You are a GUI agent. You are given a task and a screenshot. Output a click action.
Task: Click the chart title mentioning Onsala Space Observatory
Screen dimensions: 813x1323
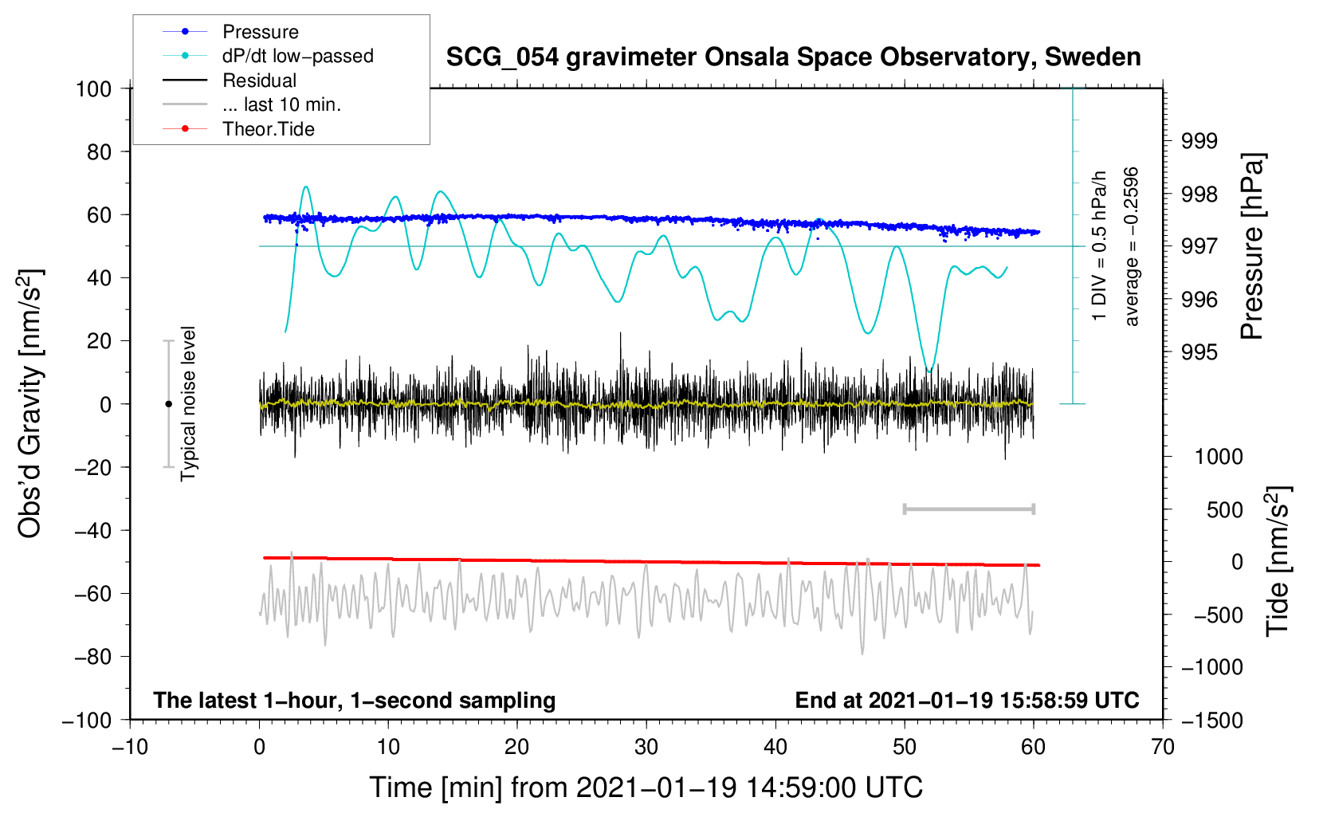pyautogui.click(x=793, y=57)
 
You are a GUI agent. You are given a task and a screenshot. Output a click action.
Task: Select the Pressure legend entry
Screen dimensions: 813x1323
pyautogui.click(x=260, y=32)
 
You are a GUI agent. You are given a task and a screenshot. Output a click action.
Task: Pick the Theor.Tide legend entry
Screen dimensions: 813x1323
pyautogui.click(x=268, y=129)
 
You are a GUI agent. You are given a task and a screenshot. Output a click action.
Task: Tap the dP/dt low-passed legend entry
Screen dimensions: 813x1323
pyautogui.click(x=297, y=56)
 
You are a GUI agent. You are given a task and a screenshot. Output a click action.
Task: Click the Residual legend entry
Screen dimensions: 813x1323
pyautogui.click(x=259, y=81)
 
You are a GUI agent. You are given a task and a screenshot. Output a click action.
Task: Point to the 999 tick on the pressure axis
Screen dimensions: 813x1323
pyautogui.click(x=1199, y=141)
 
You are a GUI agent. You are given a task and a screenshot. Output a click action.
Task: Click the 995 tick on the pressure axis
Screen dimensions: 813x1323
pyautogui.click(x=1199, y=352)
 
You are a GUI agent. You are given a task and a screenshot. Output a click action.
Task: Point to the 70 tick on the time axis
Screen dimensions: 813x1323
pyautogui.click(x=1163, y=747)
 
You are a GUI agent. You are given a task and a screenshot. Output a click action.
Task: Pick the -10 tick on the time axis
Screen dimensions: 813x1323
pyautogui.click(x=130, y=747)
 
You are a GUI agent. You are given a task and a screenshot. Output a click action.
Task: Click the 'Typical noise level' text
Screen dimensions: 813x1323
pyautogui.click(x=188, y=403)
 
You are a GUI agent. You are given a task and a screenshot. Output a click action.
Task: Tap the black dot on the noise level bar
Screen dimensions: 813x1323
pyautogui.click(x=168, y=404)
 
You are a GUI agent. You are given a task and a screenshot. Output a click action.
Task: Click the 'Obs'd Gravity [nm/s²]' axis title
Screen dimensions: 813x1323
pyautogui.click(x=30, y=403)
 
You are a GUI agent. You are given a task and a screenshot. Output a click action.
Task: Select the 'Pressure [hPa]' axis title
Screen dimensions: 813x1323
pyautogui.click(x=1252, y=246)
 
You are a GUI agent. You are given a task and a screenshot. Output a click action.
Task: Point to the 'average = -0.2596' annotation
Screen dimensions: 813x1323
pyautogui.click(x=1132, y=246)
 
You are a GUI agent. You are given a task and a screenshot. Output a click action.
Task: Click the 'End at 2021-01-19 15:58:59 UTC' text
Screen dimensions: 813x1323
pyautogui.click(x=967, y=700)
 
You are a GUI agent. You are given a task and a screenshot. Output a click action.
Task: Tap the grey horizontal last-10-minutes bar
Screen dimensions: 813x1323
pyautogui.click(x=968, y=509)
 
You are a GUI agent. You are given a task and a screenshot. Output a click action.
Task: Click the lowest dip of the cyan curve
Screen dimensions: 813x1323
pyautogui.click(x=928, y=371)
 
